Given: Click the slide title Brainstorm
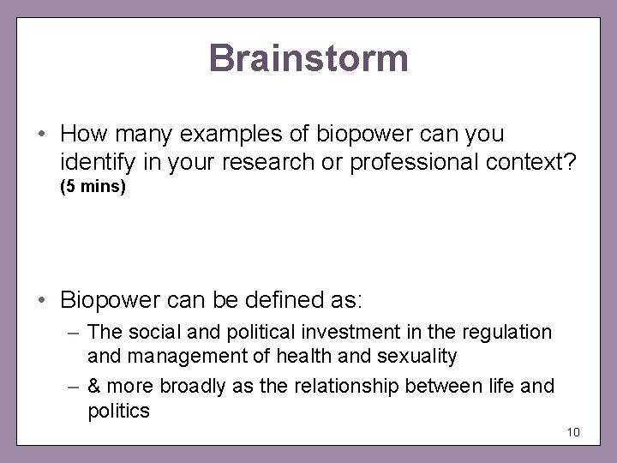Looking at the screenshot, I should point(308,59).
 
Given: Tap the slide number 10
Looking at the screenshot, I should point(573,430).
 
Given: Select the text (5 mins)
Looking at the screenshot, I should point(93,185).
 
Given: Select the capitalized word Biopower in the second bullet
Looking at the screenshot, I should point(105,300).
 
